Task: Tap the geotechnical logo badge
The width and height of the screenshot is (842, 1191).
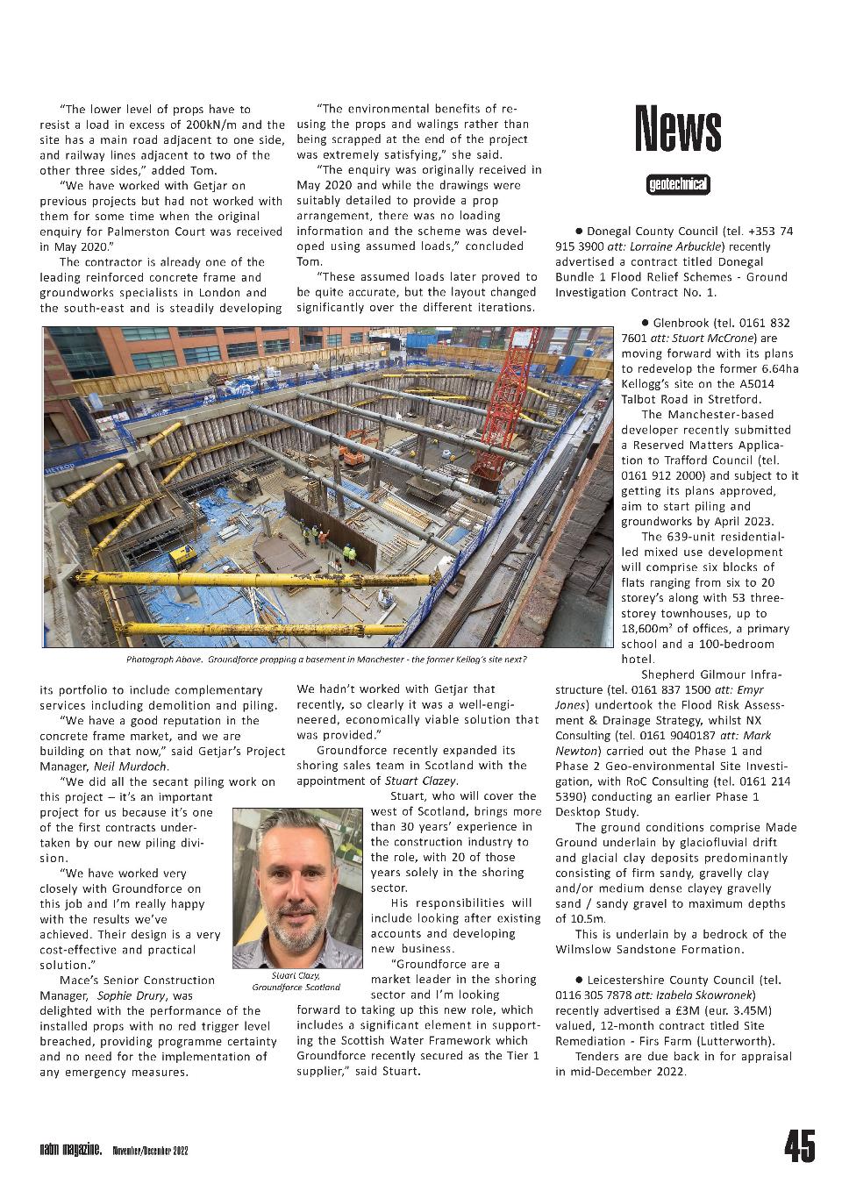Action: coord(677,185)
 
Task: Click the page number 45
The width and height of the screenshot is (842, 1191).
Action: coord(799,1146)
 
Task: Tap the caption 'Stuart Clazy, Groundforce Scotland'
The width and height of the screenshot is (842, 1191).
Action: coord(296,981)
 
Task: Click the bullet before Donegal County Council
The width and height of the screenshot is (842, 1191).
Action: coord(580,232)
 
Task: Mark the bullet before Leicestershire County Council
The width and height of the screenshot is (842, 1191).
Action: coord(580,980)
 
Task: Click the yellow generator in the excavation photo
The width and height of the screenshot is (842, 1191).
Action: coord(183,555)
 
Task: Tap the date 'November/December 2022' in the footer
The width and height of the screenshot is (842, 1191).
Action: coord(150,1150)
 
